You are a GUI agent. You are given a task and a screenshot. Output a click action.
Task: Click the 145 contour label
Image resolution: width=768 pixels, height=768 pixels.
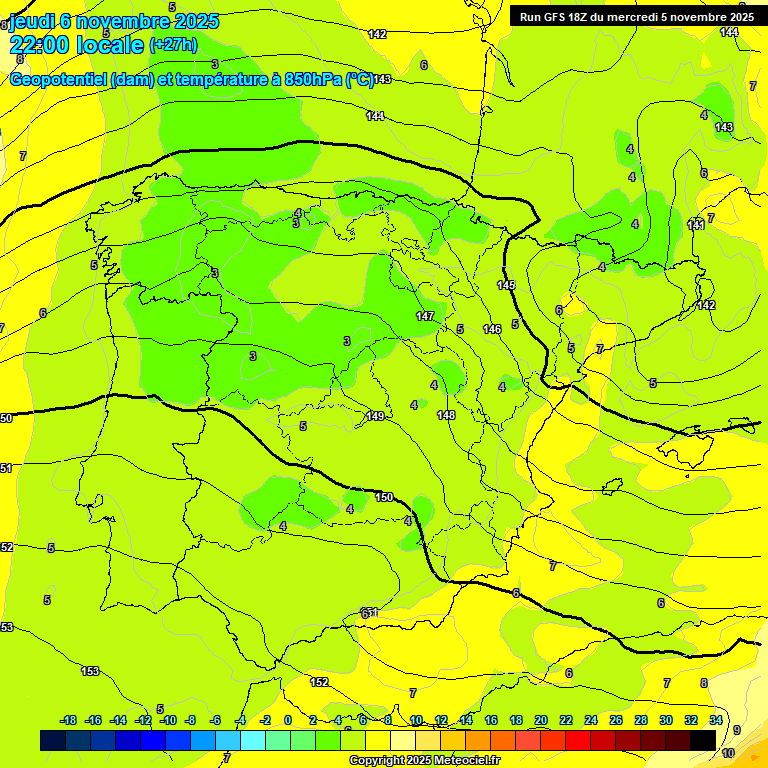(x=506, y=286)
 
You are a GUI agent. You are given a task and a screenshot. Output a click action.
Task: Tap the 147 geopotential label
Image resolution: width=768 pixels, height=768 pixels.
(x=426, y=316)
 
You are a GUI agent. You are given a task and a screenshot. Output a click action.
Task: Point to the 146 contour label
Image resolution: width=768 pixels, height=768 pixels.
(x=492, y=329)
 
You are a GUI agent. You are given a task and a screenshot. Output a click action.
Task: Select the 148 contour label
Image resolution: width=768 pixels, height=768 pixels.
(x=446, y=415)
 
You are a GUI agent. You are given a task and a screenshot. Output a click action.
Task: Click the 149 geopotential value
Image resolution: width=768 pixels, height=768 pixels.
(x=375, y=416)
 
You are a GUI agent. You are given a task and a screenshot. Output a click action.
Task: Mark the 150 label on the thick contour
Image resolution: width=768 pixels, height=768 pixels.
(x=384, y=497)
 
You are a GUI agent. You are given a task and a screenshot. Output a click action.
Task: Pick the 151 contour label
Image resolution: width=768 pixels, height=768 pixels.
(x=370, y=612)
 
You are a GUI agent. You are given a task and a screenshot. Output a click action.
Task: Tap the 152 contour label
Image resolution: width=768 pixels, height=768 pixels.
(x=319, y=682)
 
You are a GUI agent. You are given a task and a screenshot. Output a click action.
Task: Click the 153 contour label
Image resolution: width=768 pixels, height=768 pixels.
(x=90, y=671)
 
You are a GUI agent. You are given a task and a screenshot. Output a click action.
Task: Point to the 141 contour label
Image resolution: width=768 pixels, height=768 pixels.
(x=696, y=225)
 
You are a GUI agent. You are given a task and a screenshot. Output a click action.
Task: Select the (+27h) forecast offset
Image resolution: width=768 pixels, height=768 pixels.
(x=173, y=44)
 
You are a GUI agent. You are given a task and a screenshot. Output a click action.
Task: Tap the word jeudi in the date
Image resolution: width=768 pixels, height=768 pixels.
(x=31, y=21)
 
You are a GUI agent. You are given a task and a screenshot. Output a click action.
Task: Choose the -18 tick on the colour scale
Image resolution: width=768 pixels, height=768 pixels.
(x=69, y=720)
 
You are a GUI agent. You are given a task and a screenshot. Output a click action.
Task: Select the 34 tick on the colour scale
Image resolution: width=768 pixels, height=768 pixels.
(x=716, y=720)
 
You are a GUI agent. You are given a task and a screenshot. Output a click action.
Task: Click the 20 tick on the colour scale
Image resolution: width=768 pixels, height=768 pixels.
(x=541, y=720)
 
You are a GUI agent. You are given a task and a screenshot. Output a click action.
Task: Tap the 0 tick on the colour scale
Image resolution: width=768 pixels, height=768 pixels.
(x=288, y=720)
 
